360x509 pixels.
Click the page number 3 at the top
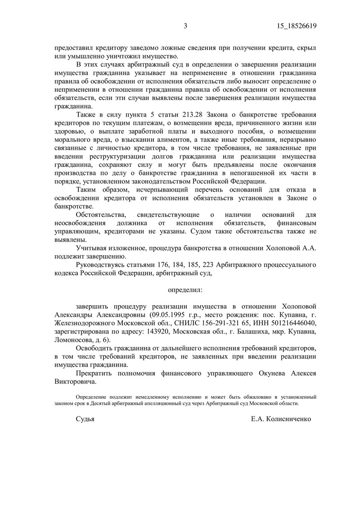[x=185, y=26]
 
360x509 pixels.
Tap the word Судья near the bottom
[x=85, y=419]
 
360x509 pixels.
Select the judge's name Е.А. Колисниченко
[x=281, y=419]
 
